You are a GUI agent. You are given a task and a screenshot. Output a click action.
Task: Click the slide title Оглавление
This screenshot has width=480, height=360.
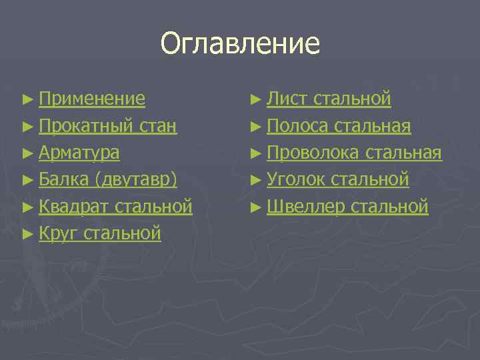click(x=240, y=44)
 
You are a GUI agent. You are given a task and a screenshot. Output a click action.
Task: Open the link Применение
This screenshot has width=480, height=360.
click(x=91, y=99)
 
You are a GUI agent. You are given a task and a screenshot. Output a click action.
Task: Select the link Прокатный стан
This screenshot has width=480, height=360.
click(x=107, y=126)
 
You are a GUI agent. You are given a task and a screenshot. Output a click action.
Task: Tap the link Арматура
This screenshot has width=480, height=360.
click(x=79, y=153)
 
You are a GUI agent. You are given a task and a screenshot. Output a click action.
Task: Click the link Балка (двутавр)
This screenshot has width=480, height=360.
click(x=107, y=179)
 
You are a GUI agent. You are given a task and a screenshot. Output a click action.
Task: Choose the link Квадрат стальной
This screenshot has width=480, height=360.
click(x=115, y=206)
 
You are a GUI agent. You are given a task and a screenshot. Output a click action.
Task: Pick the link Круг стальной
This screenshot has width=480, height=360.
click(x=99, y=233)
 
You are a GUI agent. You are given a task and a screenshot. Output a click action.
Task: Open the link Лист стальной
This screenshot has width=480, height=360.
click(x=329, y=99)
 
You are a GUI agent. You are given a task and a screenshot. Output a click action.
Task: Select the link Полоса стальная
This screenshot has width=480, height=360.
click(x=339, y=126)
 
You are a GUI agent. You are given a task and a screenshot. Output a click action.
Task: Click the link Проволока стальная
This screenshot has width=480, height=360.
click(x=354, y=153)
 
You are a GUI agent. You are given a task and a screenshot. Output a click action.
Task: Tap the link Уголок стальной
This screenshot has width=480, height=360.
click(x=337, y=179)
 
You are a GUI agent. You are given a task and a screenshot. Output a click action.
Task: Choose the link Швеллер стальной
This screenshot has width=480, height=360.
click(x=347, y=206)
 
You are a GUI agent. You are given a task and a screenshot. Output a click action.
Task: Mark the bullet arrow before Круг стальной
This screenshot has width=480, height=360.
click(x=27, y=234)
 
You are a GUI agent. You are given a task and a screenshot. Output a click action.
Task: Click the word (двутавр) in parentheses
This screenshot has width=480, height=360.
click(x=136, y=179)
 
